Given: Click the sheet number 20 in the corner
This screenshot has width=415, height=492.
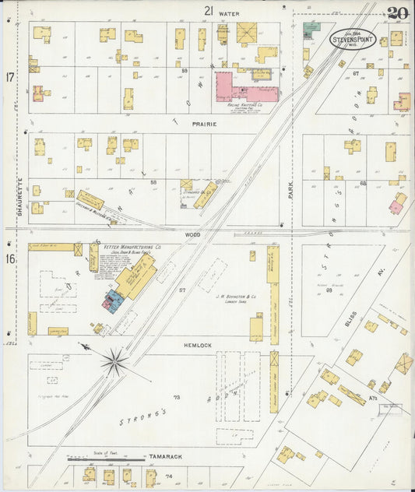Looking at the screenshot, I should click(398, 13).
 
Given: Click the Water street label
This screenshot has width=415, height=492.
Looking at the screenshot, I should click(229, 14).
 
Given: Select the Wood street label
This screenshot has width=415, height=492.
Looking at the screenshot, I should click(192, 234).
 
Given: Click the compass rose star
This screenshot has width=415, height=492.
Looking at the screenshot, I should click(114, 360).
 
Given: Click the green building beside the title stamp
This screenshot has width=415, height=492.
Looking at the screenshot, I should click(311, 28).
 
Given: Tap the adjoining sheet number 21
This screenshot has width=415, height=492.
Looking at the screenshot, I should click(208, 10).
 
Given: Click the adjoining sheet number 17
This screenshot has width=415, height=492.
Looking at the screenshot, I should click(10, 77).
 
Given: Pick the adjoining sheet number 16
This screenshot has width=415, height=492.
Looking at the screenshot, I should click(10, 258).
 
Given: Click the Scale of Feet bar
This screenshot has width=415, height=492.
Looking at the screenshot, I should click(106, 459).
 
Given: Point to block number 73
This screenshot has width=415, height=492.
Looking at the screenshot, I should click(176, 397).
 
